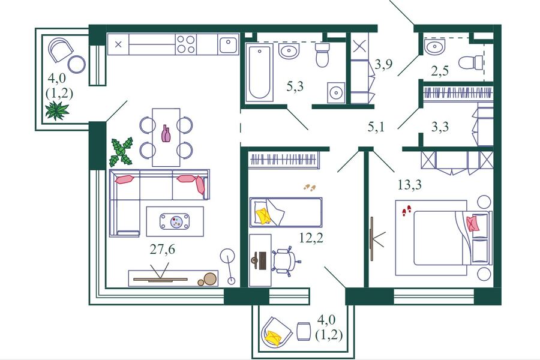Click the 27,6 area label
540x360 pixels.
162,249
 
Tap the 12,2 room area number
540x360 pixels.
311,238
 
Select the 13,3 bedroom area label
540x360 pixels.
409,185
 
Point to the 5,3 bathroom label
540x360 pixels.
295,86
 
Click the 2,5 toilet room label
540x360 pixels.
440,71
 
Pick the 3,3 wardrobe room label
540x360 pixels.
440,127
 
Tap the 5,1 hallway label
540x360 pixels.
376,127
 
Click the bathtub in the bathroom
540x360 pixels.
259,73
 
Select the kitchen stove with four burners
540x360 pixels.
185,44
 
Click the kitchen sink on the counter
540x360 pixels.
228,44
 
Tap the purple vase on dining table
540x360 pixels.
166,133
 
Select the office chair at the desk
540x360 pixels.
285,261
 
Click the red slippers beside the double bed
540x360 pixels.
407,211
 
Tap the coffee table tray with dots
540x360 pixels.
175,221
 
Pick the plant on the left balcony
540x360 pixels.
57,110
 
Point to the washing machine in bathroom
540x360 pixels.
336,92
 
